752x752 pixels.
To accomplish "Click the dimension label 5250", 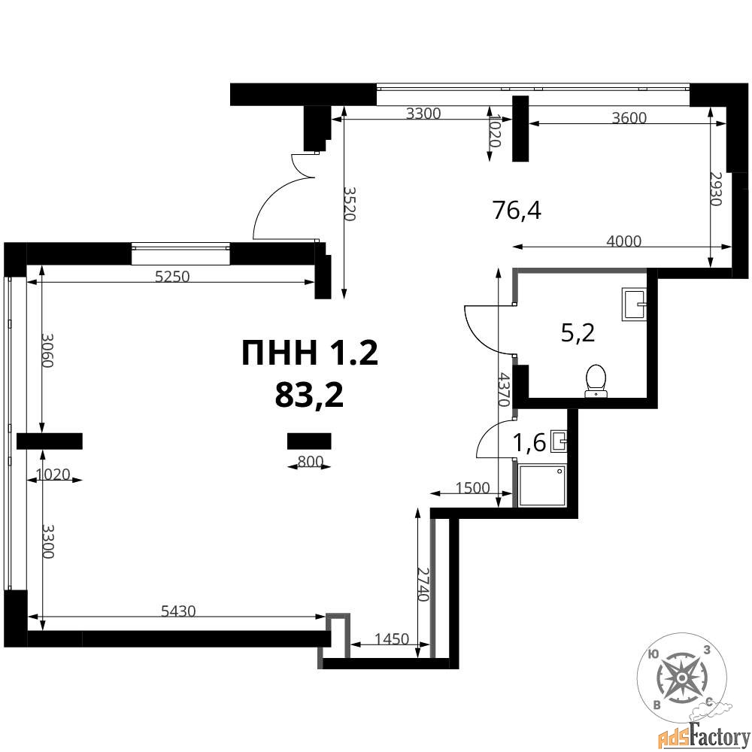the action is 172,277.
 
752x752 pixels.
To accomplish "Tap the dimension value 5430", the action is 178,611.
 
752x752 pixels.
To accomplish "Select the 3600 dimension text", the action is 629,117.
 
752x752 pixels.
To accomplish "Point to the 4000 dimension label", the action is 624,241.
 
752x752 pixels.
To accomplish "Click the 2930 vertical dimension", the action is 716,189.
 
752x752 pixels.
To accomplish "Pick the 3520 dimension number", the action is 349,203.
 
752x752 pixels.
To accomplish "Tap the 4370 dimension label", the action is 503,389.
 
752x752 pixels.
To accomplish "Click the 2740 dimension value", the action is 423,584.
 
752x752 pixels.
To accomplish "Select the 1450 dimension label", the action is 391,638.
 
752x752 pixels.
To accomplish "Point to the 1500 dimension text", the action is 472,488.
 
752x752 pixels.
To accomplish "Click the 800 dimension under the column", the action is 311,462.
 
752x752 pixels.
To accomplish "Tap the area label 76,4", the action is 517,210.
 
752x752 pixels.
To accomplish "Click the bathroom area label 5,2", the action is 578,332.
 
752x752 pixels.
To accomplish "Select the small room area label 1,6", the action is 529,442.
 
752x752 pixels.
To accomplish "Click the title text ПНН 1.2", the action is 310,353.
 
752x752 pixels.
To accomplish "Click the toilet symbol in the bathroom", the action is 596,381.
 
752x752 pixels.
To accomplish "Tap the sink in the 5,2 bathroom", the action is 634,304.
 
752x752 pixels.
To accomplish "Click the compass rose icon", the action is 681,678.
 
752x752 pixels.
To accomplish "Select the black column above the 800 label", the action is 309,441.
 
